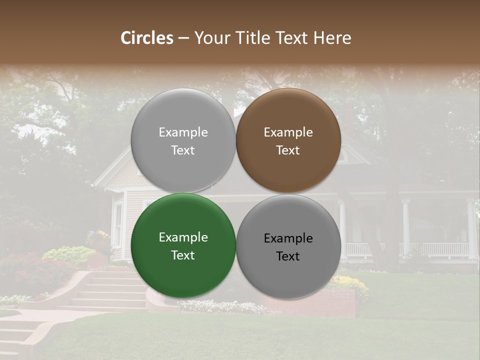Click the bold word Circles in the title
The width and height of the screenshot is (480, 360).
pos(147,38)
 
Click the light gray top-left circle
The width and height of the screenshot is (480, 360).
pos(183,140)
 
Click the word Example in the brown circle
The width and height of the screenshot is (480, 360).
pos(288,132)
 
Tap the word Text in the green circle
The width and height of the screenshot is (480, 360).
pos(183,255)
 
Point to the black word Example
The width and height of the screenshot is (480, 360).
pos(288,238)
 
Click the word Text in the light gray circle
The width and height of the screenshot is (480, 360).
pos(183,150)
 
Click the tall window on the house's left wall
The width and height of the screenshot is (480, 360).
pos(118,224)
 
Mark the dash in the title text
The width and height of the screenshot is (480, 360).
pos(183,38)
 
